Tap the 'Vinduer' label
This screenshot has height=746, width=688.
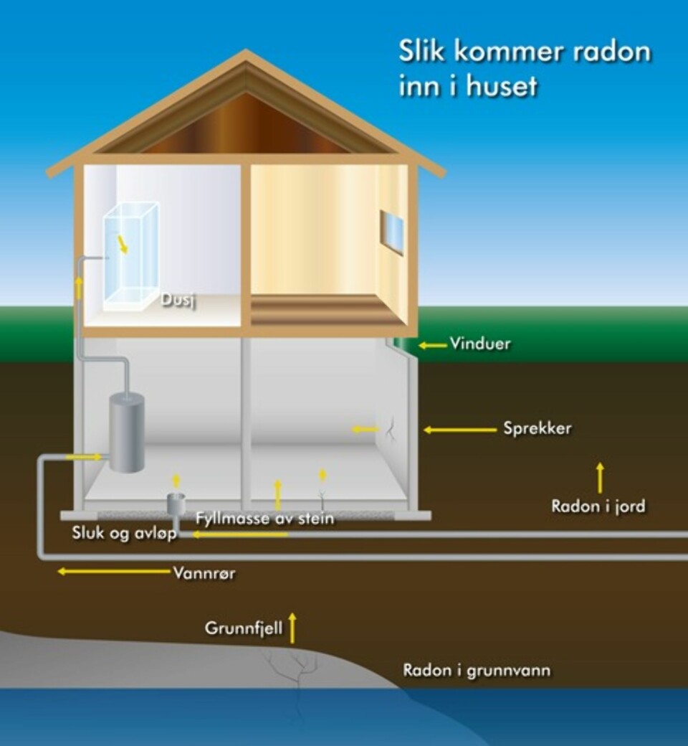(x=480, y=344)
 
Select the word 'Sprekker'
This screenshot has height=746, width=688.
(x=537, y=429)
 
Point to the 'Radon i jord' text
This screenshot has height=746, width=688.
(x=598, y=506)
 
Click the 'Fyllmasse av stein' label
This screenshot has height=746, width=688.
(x=264, y=517)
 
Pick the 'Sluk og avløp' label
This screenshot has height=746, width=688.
(x=124, y=534)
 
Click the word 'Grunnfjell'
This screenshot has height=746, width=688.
(x=244, y=628)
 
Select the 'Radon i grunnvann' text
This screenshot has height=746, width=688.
(x=477, y=671)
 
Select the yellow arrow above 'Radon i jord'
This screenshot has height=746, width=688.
(x=600, y=477)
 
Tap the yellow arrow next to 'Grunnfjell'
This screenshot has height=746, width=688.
(x=292, y=627)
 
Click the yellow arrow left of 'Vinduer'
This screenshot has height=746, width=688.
(x=433, y=345)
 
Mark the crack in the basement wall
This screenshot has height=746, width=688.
(x=391, y=429)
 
